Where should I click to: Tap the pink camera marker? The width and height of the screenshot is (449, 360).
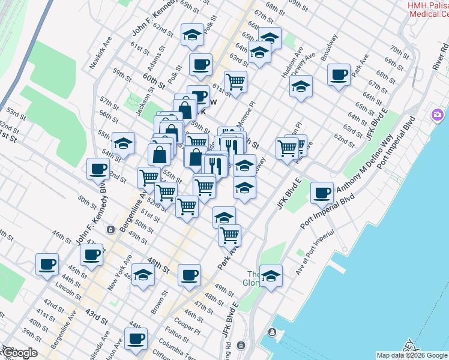pyautogui.click(x=437, y=114)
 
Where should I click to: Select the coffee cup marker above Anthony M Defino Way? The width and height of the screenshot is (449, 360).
pyautogui.click(x=322, y=193)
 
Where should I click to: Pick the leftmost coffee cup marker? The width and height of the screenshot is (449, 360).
pyautogui.click(x=47, y=265)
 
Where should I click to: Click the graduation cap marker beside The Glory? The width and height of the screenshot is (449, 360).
pyautogui.click(x=271, y=277)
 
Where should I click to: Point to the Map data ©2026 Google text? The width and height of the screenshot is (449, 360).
pyautogui.click(x=412, y=355)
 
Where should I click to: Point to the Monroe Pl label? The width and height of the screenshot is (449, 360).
pyautogui.click(x=246, y=114)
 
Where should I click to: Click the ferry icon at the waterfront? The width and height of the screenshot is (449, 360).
pyautogui.click(x=272, y=332)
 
